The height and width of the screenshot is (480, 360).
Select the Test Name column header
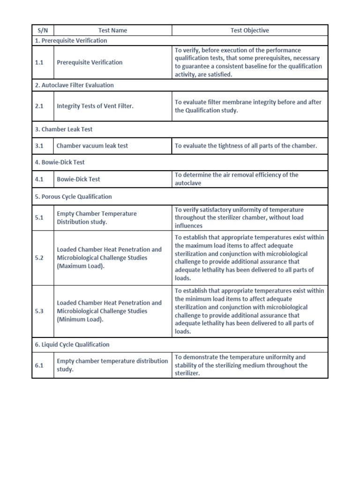point(112,30)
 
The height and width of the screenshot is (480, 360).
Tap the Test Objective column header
point(249,30)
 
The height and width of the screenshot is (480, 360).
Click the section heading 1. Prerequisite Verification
point(71,41)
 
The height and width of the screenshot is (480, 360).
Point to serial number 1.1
point(39,62)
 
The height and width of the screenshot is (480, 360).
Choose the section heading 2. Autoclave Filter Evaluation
point(74,85)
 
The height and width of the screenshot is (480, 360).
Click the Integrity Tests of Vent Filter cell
point(95,106)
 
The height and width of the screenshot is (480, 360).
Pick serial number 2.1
point(39,106)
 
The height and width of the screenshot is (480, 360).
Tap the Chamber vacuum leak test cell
point(92,146)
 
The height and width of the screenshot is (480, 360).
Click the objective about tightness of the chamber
point(246,146)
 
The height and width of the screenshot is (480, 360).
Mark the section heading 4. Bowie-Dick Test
point(60,162)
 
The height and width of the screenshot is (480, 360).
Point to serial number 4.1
point(39,179)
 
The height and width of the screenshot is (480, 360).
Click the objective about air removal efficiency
point(236,179)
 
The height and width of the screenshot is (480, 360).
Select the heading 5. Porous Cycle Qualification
point(73,197)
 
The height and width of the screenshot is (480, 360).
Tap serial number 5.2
point(39,258)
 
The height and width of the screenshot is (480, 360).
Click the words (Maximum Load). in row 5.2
point(81,266)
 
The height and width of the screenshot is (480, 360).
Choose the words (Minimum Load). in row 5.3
point(80,320)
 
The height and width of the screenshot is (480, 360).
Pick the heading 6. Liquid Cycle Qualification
point(72,345)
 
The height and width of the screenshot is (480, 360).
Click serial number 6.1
point(39,365)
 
